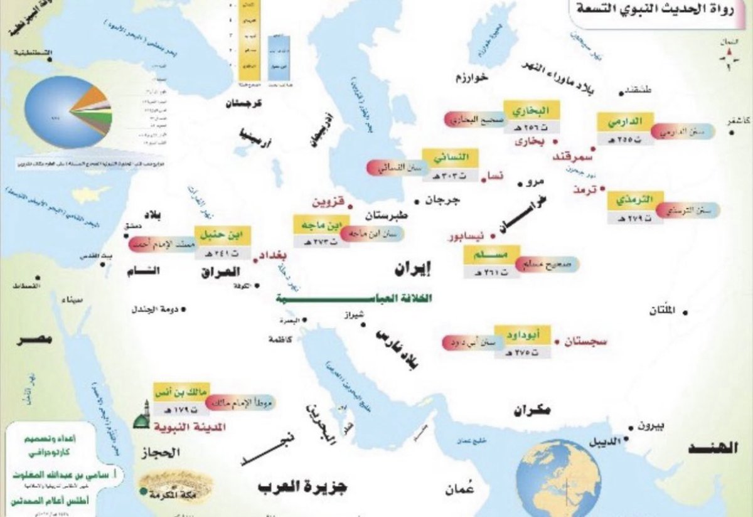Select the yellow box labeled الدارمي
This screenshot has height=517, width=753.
625,120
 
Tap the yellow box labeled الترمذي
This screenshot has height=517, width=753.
635,200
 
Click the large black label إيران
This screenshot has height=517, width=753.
415,269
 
